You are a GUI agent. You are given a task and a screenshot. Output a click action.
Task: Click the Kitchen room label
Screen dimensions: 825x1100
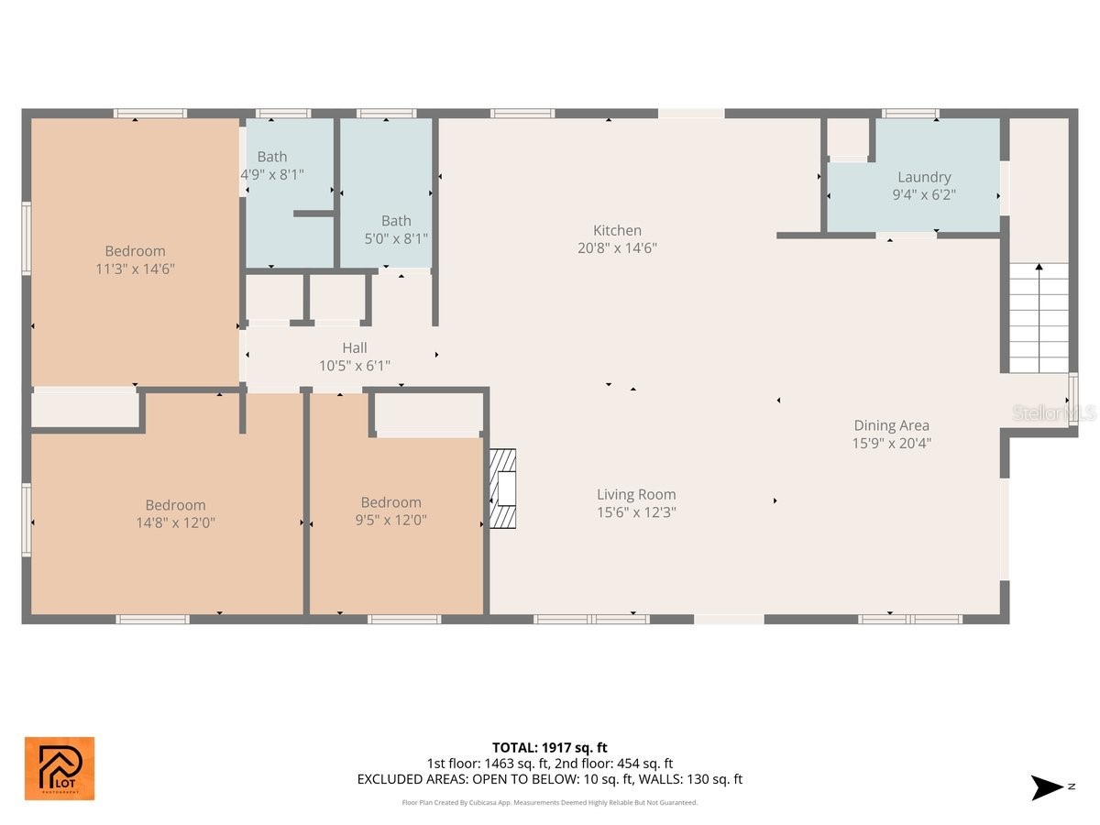[x=617, y=230]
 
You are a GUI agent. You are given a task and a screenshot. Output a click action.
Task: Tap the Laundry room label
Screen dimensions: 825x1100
[x=924, y=177]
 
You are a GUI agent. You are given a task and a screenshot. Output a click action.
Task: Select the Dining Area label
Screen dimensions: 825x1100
[x=891, y=425]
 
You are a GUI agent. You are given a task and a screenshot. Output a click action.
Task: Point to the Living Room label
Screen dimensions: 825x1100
[x=636, y=495]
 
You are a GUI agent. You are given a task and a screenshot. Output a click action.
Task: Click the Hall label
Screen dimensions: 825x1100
[x=355, y=347]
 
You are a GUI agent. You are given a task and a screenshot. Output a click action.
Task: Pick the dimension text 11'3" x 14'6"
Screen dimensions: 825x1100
[x=135, y=269]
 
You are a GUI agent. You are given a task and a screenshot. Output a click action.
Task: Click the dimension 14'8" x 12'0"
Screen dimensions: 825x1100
[x=175, y=522]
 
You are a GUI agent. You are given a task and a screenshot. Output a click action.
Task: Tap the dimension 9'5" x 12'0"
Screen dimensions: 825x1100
[x=390, y=520]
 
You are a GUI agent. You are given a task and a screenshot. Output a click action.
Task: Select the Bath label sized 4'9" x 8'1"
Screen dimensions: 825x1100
[x=272, y=157]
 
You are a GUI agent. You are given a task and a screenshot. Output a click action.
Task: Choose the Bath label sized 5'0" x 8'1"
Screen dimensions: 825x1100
[x=396, y=221]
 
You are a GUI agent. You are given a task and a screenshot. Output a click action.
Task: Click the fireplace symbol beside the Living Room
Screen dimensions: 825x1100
[x=502, y=489]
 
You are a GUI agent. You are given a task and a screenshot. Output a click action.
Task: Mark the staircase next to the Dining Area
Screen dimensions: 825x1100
[x=1039, y=317]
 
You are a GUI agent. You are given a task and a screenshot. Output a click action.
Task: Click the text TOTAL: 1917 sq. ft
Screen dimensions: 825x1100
[x=549, y=748]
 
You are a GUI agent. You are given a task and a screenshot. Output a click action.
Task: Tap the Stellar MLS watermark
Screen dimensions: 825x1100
[x=1053, y=414]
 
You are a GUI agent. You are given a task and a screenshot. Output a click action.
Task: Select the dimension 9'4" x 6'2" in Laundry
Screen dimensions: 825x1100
[x=924, y=194]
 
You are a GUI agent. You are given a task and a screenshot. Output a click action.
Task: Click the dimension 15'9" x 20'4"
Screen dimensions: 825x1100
[x=891, y=443]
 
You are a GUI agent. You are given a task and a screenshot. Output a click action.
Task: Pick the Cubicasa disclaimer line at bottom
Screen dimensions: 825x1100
[x=549, y=802]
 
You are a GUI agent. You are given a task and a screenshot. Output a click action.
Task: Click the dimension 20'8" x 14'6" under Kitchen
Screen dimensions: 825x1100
[x=617, y=247]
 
